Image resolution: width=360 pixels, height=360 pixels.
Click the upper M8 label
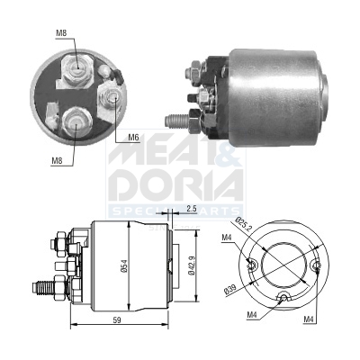point(61,33)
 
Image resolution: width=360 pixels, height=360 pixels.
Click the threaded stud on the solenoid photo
point(179,117)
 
